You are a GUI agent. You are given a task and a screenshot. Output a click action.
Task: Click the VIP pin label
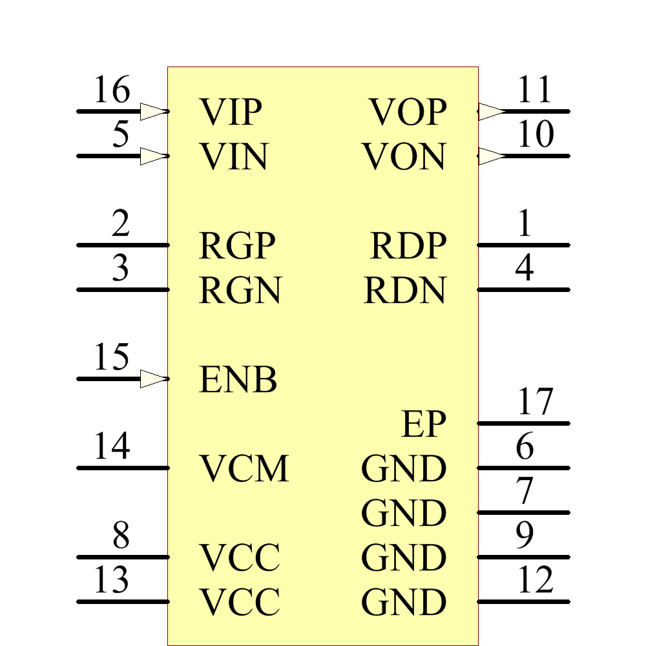[x=231, y=112]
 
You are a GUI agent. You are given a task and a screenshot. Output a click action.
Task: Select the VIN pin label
[x=233, y=157]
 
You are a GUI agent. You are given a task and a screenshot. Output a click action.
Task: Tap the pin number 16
[x=112, y=90]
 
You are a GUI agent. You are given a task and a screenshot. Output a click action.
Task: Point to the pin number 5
[x=121, y=135]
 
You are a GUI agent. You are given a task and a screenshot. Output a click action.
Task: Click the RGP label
[x=238, y=245]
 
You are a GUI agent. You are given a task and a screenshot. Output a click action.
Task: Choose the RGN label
[x=240, y=290]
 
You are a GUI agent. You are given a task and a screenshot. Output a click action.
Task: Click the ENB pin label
[x=238, y=380]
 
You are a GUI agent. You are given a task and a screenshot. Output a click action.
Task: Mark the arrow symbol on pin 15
[x=154, y=379]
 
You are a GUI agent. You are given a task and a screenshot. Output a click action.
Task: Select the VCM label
[x=244, y=468]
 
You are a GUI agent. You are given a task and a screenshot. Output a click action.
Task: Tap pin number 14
[x=112, y=447]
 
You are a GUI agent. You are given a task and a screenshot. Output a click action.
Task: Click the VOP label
[x=408, y=112]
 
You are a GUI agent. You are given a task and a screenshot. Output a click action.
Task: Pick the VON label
[x=404, y=157]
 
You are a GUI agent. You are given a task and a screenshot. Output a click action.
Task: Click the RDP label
[x=408, y=245]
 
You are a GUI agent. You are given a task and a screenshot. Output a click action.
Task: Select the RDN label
[x=405, y=290]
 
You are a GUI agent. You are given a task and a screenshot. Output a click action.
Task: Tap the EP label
[x=423, y=424]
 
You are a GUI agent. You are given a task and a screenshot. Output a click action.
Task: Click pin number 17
[x=536, y=402]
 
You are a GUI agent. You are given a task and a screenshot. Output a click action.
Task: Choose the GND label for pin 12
[x=404, y=602]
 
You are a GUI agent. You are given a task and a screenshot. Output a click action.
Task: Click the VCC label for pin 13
[x=239, y=602]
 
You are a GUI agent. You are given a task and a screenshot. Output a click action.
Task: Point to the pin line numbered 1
[x=523, y=245]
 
